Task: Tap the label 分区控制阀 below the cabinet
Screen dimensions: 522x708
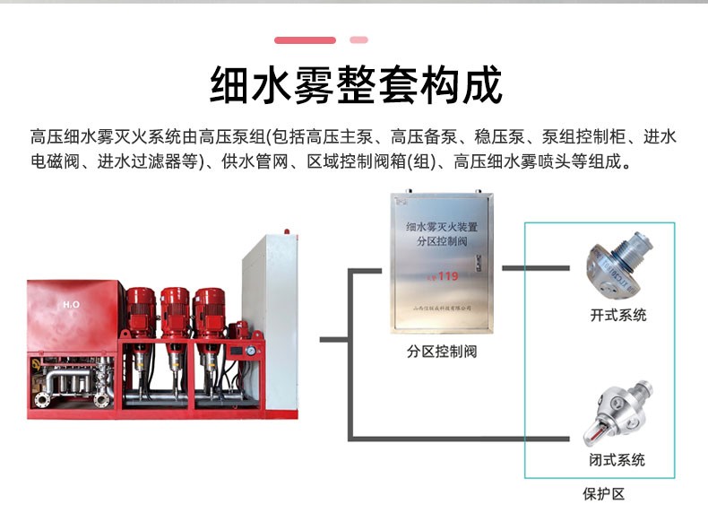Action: pyautogui.click(x=442, y=351)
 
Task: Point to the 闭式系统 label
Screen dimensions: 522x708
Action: pyautogui.click(x=617, y=460)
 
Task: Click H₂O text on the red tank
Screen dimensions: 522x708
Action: pyautogui.click(x=71, y=304)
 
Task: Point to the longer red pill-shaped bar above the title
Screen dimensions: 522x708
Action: pyautogui.click(x=305, y=40)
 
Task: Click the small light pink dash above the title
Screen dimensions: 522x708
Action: pyautogui.click(x=359, y=40)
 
